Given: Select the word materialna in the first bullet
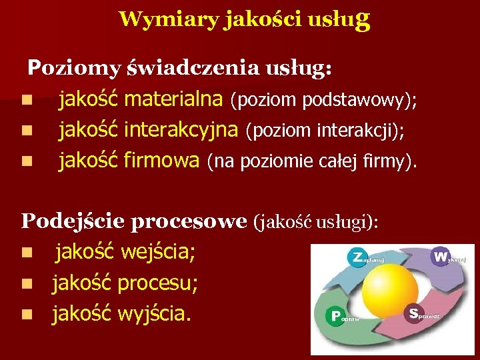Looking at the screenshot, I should click(173, 100).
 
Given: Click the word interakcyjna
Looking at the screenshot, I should click(181, 129).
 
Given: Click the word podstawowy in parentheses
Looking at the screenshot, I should click(356, 101).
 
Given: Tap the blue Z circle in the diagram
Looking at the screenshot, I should click(358, 256).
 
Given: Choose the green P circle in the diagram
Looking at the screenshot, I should click(335, 316).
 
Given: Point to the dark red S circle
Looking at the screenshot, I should click(415, 313).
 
